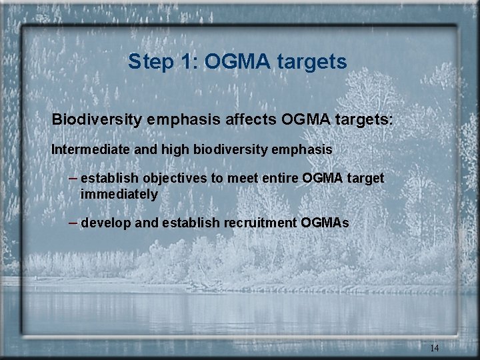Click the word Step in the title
coord(152,62)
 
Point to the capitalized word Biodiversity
coord(96,120)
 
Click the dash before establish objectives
coord(73,179)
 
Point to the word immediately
coord(119,195)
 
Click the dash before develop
coord(73,222)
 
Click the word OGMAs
coord(325,223)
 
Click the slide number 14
coord(434,348)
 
